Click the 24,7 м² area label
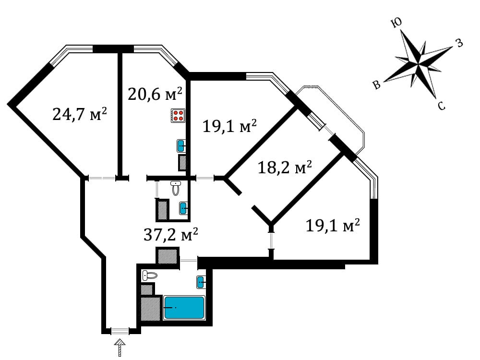click(x=79, y=115)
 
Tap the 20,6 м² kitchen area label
click(x=155, y=94)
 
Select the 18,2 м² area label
click(x=285, y=168)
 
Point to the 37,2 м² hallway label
click(x=171, y=235)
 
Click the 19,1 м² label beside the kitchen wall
click(x=229, y=126)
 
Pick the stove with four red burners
click(x=179, y=116)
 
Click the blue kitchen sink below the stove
click(x=181, y=145)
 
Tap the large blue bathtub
click(x=184, y=307)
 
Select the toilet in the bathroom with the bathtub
click(x=150, y=276)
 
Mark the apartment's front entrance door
click(x=120, y=331)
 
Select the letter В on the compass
click(x=377, y=85)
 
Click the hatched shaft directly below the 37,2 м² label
click(x=168, y=255)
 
